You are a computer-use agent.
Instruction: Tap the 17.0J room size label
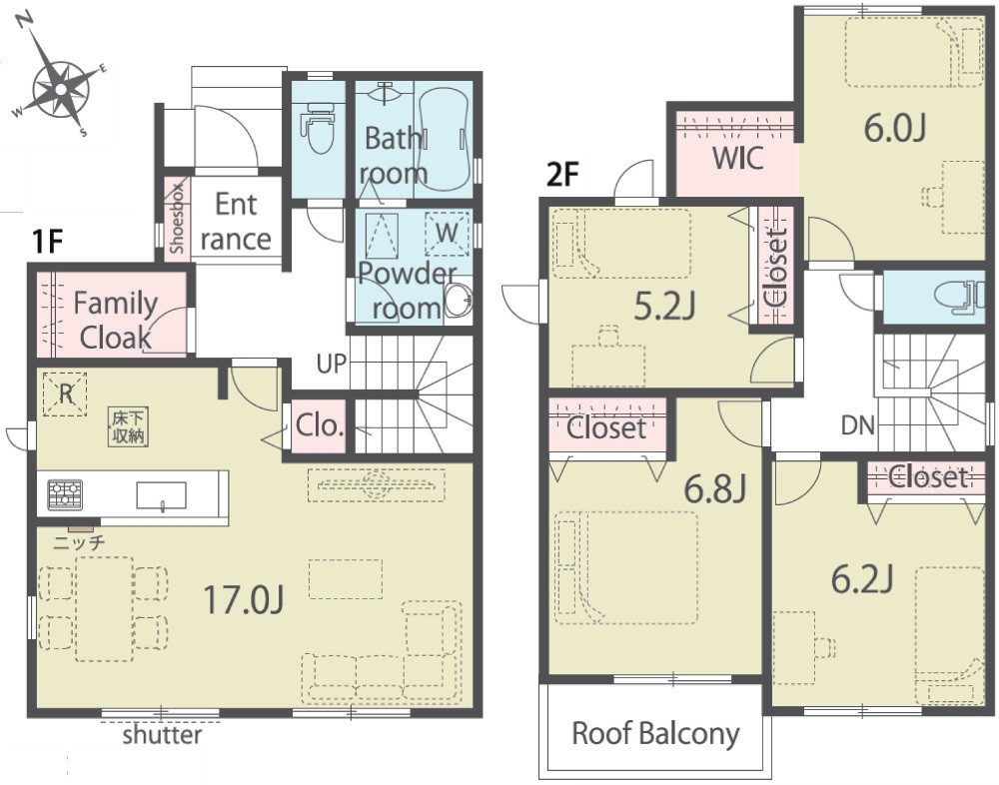(244, 600)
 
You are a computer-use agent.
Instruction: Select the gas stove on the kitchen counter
(65, 494)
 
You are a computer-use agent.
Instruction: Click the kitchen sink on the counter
(161, 495)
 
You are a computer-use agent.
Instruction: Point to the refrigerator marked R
(65, 394)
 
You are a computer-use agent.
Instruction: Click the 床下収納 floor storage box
(128, 426)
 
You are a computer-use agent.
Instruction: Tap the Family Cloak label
(115, 321)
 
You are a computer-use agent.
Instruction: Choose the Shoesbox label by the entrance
(178, 218)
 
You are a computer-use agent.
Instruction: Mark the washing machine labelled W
(447, 234)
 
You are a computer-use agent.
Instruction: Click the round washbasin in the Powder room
(458, 300)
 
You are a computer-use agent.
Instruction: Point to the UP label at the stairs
(332, 364)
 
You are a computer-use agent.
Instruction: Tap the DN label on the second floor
(857, 425)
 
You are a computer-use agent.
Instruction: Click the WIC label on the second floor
(738, 158)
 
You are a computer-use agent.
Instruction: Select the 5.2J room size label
(664, 308)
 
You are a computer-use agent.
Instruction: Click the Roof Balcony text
(655, 733)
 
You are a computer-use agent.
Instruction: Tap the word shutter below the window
(162, 735)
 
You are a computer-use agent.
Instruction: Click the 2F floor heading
(561, 175)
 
